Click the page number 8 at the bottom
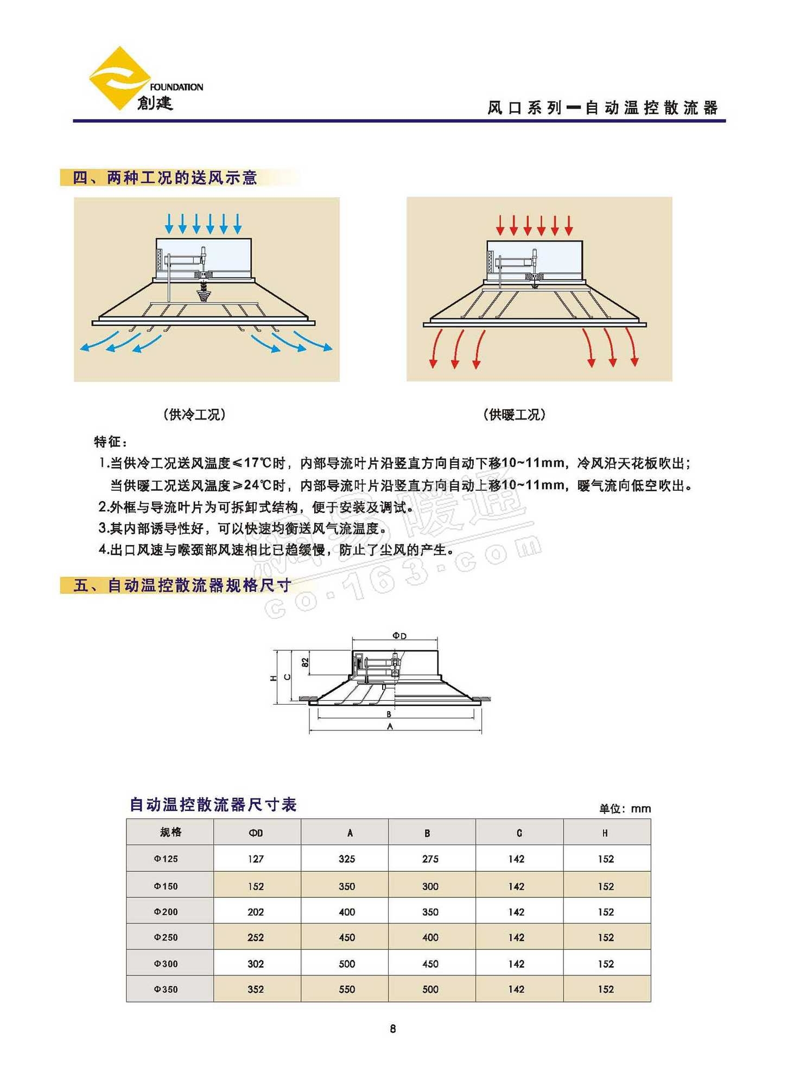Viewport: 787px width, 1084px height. [393, 1028]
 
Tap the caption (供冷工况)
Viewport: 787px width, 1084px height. [194, 415]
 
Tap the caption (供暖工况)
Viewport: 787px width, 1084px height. [514, 415]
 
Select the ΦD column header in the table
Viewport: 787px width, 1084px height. [256, 833]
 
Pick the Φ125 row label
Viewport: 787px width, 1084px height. [166, 859]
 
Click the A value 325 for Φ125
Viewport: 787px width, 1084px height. [347, 859]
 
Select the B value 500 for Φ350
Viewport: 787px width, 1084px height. [430, 989]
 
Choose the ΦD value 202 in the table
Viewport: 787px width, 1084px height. [256, 912]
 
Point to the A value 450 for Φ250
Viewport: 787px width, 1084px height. [347, 937]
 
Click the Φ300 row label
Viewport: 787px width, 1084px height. [166, 963]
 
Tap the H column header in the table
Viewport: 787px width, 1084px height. [605, 833]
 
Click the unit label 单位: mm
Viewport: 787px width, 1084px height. [625, 809]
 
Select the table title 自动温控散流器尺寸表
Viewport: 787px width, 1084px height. [213, 804]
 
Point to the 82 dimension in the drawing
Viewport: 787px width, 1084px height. [305, 662]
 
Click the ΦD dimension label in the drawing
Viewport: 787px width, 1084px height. [399, 636]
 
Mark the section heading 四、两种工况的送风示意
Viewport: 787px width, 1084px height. [165, 178]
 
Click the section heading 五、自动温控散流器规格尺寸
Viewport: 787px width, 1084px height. [182, 585]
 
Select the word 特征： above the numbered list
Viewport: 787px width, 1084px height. [111, 442]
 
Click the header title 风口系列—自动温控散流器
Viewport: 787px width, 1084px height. [602, 108]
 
